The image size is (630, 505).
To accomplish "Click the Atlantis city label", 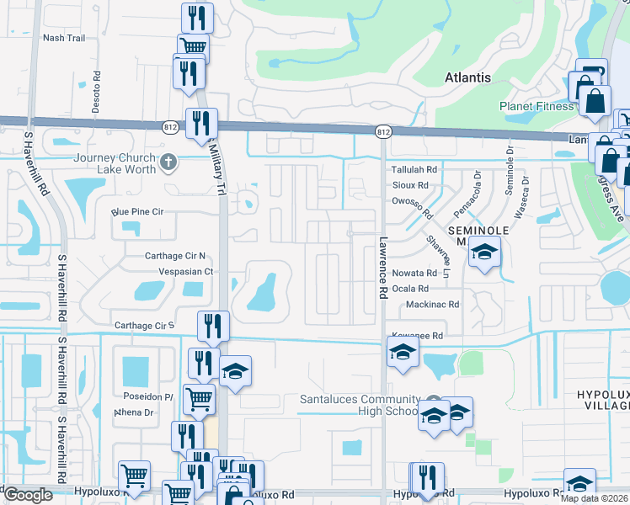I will point(467,77).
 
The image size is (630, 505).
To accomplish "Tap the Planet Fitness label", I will point(536,107).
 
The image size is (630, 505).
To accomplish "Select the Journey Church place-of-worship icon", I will point(169,161).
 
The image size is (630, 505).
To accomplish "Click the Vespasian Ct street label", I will point(185,272).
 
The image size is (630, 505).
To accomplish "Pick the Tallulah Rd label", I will point(415,169).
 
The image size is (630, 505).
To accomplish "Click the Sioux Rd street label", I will point(410,185).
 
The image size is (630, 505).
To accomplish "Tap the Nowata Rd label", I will point(414,273).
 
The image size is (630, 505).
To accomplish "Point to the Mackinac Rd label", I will point(432,305).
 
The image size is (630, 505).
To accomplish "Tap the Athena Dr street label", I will point(134,412).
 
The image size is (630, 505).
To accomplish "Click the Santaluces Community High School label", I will point(360,405).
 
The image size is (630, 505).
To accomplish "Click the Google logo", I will point(28,495).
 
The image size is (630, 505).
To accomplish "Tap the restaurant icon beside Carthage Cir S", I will point(213,327).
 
